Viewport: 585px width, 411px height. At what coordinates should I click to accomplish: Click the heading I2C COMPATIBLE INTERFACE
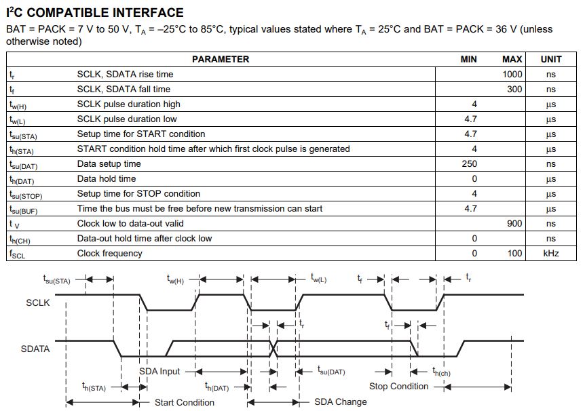click(94, 12)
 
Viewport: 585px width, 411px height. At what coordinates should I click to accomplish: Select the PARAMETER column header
click(220, 59)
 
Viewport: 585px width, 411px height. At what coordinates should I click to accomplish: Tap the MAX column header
click(512, 59)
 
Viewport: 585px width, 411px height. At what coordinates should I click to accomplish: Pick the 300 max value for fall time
click(514, 89)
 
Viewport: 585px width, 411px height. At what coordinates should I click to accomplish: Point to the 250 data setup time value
click(469, 163)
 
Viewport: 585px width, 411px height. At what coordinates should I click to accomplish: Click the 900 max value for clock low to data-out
click(514, 223)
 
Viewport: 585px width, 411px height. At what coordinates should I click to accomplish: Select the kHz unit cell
click(550, 253)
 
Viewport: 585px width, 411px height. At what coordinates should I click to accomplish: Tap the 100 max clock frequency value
click(514, 253)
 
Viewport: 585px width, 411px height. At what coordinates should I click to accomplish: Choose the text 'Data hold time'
click(107, 178)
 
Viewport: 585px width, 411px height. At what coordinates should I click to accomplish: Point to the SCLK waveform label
click(37, 302)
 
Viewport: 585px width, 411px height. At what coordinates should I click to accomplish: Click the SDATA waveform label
click(35, 349)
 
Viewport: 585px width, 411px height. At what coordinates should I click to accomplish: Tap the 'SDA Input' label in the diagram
click(159, 371)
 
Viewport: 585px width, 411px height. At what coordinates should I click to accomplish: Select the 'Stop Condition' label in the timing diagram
click(398, 386)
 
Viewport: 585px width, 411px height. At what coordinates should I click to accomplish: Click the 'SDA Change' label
click(340, 402)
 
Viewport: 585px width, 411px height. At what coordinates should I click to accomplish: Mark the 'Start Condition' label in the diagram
click(185, 402)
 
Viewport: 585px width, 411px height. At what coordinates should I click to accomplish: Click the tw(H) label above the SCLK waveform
click(175, 279)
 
